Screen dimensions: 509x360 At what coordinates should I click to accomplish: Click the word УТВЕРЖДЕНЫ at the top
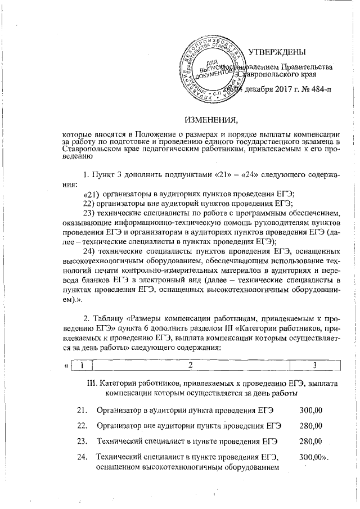[277, 52]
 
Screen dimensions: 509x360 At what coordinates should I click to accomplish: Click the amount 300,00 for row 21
[311, 409]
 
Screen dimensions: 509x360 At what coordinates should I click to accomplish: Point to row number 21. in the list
[82, 409]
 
